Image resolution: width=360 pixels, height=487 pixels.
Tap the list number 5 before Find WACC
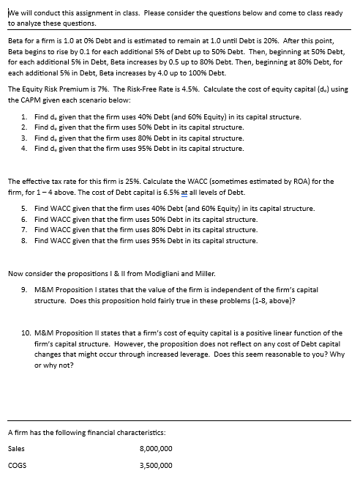click(25, 209)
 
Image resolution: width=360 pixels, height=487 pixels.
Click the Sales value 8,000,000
click(155, 447)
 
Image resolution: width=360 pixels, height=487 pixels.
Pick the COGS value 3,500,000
click(155, 464)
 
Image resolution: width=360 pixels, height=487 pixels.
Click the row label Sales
click(15, 447)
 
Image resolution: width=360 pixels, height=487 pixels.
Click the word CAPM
click(37, 100)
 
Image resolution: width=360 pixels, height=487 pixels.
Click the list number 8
click(25, 240)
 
